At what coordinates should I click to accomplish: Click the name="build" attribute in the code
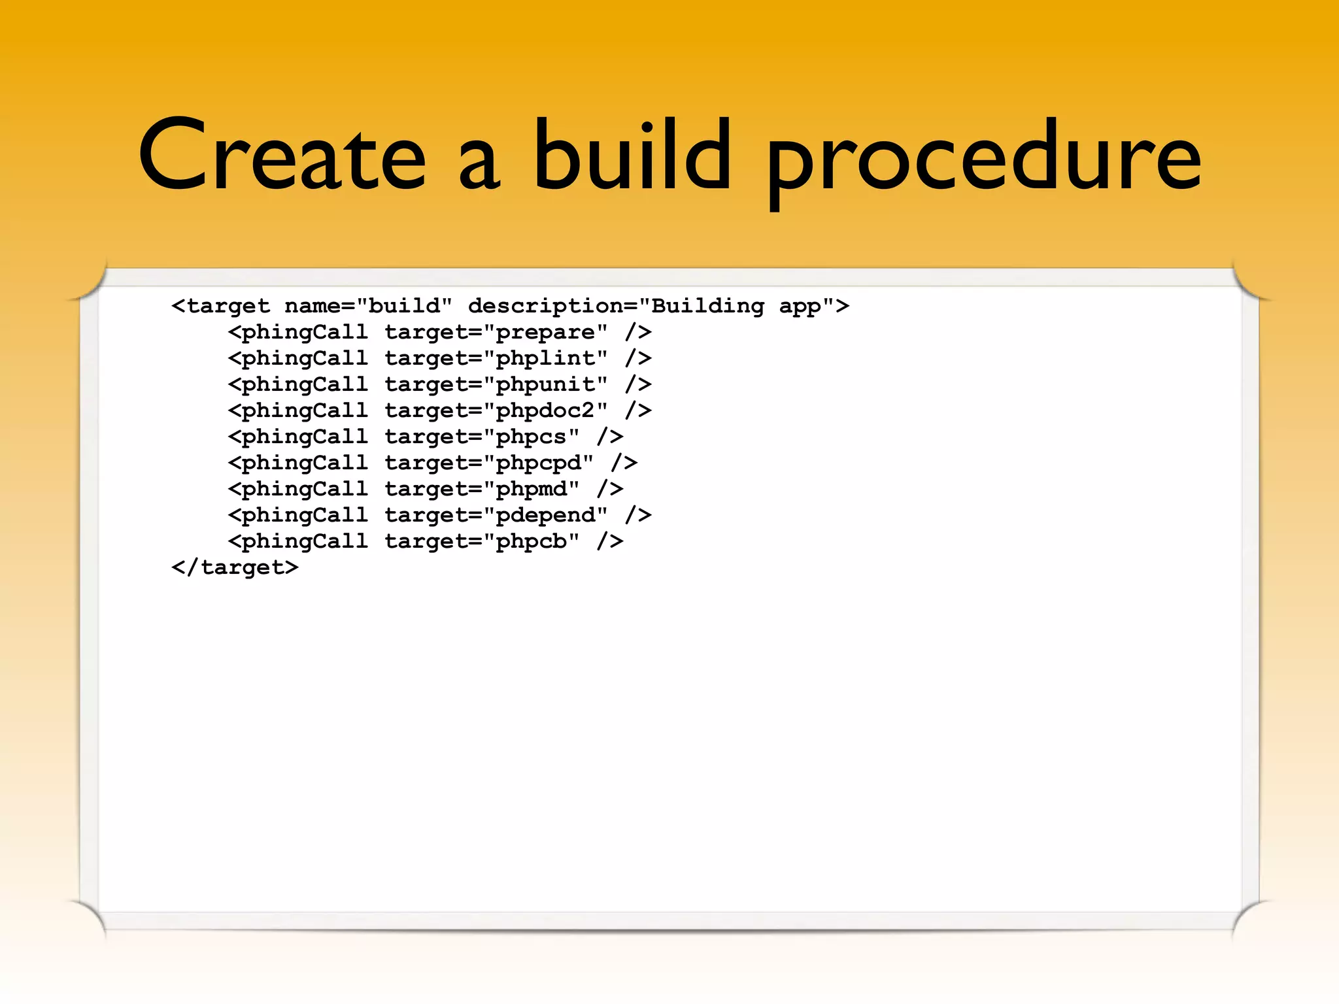pos(368,306)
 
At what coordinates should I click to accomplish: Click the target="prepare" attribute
pos(496,332)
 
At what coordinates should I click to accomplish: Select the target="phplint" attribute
pos(496,358)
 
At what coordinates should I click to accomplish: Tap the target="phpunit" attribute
pos(496,384)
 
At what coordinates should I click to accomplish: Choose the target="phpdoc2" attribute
pos(496,410)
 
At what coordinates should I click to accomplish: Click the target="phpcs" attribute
pos(482,437)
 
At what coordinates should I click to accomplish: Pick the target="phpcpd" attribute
pos(489,463)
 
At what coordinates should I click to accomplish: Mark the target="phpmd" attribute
pos(482,489)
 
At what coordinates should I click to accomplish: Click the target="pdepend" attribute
pos(496,515)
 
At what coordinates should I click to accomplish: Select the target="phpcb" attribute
pos(482,541)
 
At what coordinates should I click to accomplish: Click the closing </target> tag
pos(235,567)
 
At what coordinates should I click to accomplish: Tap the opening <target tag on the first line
pos(220,306)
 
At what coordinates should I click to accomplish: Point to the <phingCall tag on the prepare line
pos(297,332)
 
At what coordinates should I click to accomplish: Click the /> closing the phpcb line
pos(610,541)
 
